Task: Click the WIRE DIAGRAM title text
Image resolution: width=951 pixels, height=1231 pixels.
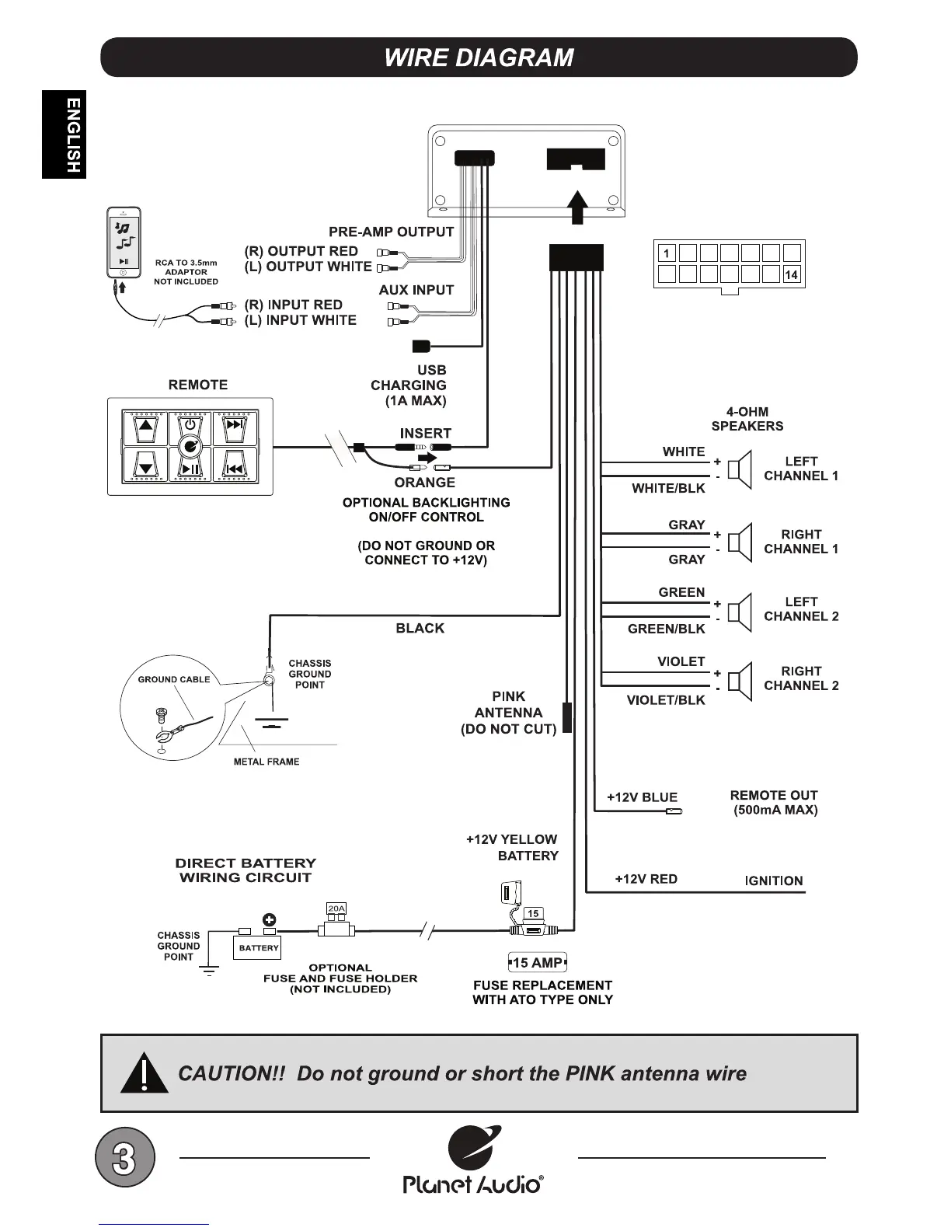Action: (x=479, y=58)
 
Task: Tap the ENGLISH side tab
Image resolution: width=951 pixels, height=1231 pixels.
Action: (x=64, y=134)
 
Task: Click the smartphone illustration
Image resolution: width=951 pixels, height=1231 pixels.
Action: (x=124, y=242)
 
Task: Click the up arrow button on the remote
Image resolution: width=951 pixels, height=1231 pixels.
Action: (x=145, y=426)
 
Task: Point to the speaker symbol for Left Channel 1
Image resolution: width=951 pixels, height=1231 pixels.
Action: (x=740, y=469)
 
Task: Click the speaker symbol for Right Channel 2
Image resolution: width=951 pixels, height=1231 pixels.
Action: (x=740, y=680)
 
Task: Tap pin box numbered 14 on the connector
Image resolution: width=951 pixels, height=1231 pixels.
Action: (x=792, y=274)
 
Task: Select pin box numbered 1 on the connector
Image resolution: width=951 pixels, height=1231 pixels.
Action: (x=667, y=253)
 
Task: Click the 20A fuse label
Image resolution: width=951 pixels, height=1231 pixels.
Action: (x=336, y=908)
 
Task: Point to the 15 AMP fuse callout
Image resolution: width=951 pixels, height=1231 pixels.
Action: (x=537, y=963)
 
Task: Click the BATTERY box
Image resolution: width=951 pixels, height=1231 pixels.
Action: (x=258, y=948)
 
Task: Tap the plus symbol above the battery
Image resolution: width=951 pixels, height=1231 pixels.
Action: (x=270, y=920)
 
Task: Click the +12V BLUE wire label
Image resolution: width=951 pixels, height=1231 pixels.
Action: (x=642, y=797)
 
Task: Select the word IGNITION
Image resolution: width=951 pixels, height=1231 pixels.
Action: (x=774, y=881)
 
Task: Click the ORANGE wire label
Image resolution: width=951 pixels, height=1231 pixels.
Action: (x=424, y=483)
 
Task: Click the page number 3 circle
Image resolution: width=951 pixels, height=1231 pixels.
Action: (x=124, y=1158)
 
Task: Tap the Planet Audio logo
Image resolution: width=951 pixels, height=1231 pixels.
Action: (x=473, y=1160)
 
